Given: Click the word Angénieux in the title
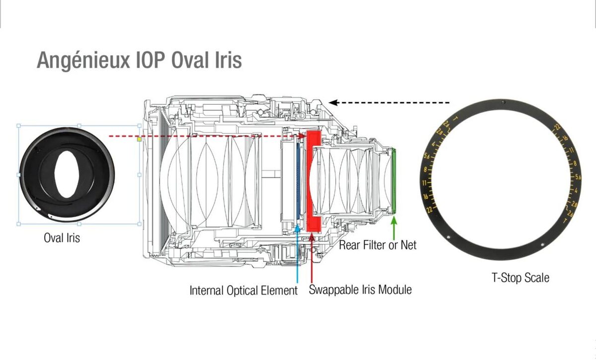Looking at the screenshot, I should coord(82,61).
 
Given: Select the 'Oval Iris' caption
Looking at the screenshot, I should coord(62,238).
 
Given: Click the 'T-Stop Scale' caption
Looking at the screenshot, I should coord(521,278).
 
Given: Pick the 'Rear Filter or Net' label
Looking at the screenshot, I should coord(377,245).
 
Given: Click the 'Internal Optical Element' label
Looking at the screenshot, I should coord(243,290).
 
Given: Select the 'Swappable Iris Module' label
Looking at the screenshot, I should coord(360,289).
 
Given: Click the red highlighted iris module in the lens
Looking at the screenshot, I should coord(313,181).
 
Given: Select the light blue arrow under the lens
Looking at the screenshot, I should coord(297,253).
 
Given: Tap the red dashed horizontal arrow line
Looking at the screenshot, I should coord(209,136).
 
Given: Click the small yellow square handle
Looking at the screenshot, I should coord(139,140).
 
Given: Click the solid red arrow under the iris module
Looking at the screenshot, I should coord(312,258).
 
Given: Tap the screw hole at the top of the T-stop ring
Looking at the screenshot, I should coord(503,102).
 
